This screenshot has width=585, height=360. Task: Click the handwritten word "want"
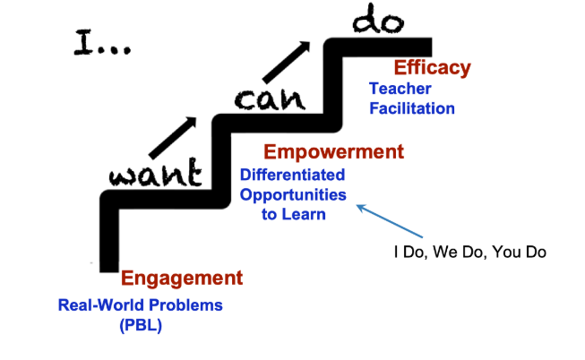155,172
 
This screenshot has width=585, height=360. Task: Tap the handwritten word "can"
271,99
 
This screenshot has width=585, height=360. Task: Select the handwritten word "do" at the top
378,19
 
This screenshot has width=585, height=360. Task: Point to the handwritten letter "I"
83,42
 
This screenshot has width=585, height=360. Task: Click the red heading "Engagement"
182,278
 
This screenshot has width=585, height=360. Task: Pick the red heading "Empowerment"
333,152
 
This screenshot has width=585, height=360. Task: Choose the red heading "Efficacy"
433,68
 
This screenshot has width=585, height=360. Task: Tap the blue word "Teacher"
400,89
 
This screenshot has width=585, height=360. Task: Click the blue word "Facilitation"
412,108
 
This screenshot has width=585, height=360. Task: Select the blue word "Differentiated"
292,175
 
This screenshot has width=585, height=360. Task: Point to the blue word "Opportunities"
293,195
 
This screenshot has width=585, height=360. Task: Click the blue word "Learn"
304,215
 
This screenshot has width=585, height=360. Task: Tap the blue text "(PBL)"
141,325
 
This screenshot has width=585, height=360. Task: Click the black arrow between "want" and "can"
172,138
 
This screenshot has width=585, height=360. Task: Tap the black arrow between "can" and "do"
286,62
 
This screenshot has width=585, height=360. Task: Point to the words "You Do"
519,253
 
